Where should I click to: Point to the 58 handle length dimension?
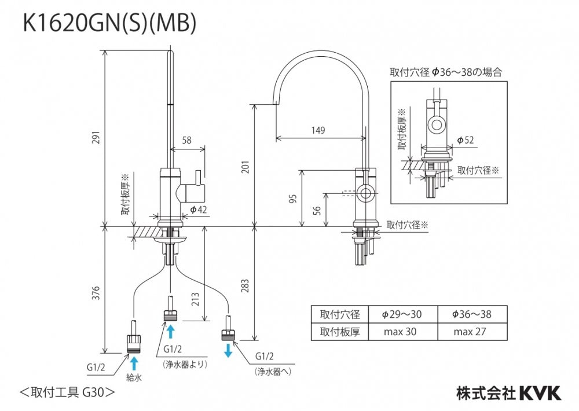186,141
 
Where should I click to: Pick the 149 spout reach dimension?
318,130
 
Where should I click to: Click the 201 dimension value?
246,168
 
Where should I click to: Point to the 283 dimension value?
246,285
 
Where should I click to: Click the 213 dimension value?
196,299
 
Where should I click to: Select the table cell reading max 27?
472,332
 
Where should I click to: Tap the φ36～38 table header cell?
472,314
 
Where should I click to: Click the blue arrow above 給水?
134,363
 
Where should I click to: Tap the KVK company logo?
538,394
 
